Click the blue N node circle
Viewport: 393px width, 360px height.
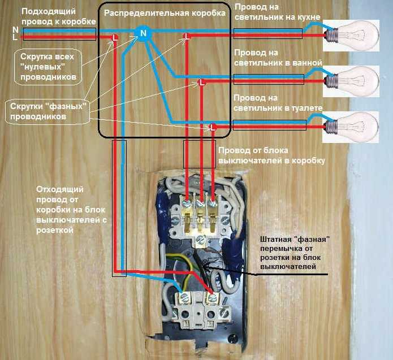pyautogui.click(x=144, y=33)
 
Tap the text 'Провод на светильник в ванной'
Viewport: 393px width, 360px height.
pyautogui.click(x=278, y=57)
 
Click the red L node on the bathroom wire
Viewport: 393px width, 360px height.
pyautogui.click(x=200, y=83)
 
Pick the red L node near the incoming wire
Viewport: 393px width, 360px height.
pyautogui.click(x=115, y=38)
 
